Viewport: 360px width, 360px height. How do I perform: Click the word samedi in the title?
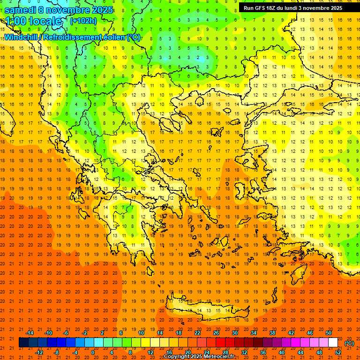[x=21, y=10]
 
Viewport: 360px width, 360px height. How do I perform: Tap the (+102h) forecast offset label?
[x=83, y=21]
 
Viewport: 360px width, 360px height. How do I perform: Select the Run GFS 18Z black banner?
[x=292, y=7]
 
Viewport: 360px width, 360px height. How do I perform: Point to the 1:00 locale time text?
[x=33, y=21]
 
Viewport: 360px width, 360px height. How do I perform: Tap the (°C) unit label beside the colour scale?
[x=349, y=343]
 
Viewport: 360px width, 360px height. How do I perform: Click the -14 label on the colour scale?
[x=30, y=333]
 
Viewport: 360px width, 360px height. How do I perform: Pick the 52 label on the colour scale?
[x=338, y=352]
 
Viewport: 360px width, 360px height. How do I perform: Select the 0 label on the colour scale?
[x=93, y=352]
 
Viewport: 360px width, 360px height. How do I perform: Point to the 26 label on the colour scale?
[x=216, y=333]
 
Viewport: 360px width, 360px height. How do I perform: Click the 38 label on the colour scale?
[x=272, y=333]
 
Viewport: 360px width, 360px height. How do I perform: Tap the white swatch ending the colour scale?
[x=333, y=343]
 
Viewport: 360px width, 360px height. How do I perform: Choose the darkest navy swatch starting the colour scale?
[x=23, y=343]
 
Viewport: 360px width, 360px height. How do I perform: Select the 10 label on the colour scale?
[x=141, y=333]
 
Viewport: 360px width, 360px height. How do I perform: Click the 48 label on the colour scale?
[x=319, y=352]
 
